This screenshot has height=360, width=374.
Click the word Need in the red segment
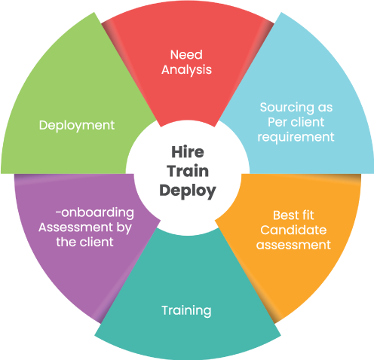(x=186, y=55)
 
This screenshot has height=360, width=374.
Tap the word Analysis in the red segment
(x=186, y=70)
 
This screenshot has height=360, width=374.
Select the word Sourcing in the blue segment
(x=287, y=108)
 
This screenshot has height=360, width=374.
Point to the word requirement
(x=296, y=137)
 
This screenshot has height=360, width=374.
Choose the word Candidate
(x=293, y=230)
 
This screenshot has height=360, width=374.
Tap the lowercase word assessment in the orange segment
(x=293, y=245)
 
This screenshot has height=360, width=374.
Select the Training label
(x=186, y=311)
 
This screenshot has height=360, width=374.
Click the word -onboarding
(x=95, y=213)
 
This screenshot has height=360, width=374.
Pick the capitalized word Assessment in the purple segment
(x=76, y=227)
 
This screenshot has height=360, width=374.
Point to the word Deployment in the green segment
(x=77, y=125)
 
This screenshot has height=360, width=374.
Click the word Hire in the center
(x=188, y=152)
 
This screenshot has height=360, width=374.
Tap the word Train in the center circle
(x=188, y=171)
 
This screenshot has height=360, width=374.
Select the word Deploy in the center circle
(x=188, y=191)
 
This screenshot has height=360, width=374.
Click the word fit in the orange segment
(x=308, y=215)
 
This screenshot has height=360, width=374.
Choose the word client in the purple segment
(x=96, y=243)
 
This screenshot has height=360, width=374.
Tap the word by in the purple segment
(x=124, y=228)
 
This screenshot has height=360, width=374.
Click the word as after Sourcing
(x=325, y=108)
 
